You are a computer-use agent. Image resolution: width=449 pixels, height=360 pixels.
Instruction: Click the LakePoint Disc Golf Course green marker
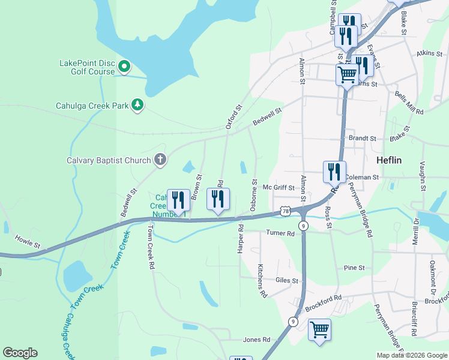(x=125, y=66)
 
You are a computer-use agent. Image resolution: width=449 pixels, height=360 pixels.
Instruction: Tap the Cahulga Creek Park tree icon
(x=138, y=105)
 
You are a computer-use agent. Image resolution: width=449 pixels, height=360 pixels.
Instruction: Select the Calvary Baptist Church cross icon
(x=160, y=160)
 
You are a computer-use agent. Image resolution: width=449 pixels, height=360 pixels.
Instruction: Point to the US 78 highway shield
(x=285, y=211)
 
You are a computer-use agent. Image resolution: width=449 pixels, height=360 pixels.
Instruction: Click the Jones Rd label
(x=256, y=340)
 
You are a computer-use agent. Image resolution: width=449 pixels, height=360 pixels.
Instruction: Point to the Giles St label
(x=287, y=280)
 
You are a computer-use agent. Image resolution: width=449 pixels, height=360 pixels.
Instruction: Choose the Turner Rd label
(x=281, y=233)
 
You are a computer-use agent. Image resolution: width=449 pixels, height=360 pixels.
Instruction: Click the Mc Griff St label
(x=279, y=188)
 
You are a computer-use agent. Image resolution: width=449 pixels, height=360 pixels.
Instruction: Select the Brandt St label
(x=362, y=138)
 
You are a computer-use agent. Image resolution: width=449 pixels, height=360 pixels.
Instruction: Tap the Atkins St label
(x=429, y=53)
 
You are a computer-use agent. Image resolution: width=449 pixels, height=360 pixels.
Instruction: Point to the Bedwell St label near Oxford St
(x=267, y=116)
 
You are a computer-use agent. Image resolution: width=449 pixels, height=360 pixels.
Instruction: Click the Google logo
(x=20, y=353)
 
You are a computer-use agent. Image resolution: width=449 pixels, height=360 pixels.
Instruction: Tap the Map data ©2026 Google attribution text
(x=411, y=355)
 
